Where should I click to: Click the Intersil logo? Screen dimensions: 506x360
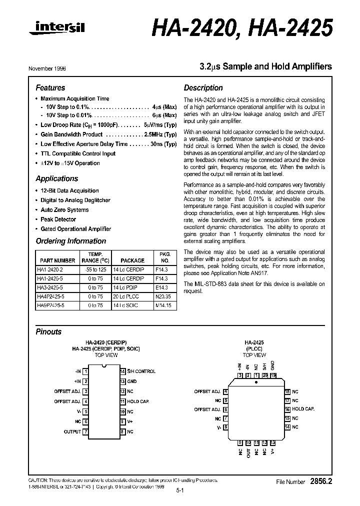pyautogui.click(x=57, y=30)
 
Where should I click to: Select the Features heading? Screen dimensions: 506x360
pyautogui.click(x=50, y=87)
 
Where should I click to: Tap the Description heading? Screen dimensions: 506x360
pyautogui.click(x=203, y=87)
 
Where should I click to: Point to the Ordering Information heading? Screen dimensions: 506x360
pyautogui.click(x=70, y=241)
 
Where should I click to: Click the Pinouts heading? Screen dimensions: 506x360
pyautogui.click(x=48, y=331)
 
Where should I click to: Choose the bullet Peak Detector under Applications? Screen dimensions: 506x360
pyautogui.click(x=58, y=219)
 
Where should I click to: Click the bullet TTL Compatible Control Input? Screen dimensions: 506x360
pyautogui.click(x=77, y=153)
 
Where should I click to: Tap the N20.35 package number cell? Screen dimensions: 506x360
pyautogui.click(x=161, y=296)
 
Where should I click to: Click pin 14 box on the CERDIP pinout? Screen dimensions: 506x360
pyautogui.click(x=122, y=371)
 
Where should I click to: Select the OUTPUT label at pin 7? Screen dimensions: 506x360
pyautogui.click(x=72, y=431)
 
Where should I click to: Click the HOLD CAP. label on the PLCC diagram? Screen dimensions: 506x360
pyautogui.click(x=303, y=409)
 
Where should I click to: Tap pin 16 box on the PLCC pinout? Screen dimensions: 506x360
pyautogui.click(x=287, y=409)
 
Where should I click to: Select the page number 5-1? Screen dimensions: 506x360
pyautogui.click(x=180, y=491)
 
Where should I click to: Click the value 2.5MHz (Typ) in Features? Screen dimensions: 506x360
pyautogui.click(x=160, y=134)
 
